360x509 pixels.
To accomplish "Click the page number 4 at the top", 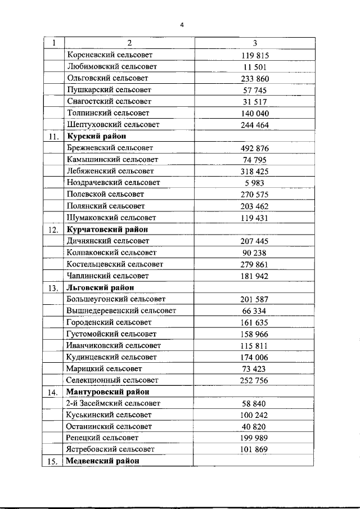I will [x=182, y=24].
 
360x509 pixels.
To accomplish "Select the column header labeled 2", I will [x=129, y=43].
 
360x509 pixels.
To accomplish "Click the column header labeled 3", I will [x=255, y=43].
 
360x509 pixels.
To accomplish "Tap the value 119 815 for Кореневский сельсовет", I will [x=255, y=56].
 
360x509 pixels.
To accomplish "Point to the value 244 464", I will [x=255, y=125].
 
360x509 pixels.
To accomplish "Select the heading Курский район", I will [x=96, y=137].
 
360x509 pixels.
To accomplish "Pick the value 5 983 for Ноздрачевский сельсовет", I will [x=255, y=183].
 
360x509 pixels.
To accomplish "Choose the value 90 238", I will [x=255, y=253].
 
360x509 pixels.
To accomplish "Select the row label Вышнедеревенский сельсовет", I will [x=121, y=310].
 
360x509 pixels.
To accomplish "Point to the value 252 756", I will [x=255, y=380].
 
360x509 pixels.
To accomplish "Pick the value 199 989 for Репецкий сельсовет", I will [x=255, y=438].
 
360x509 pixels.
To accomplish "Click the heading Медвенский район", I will [x=102, y=461].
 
